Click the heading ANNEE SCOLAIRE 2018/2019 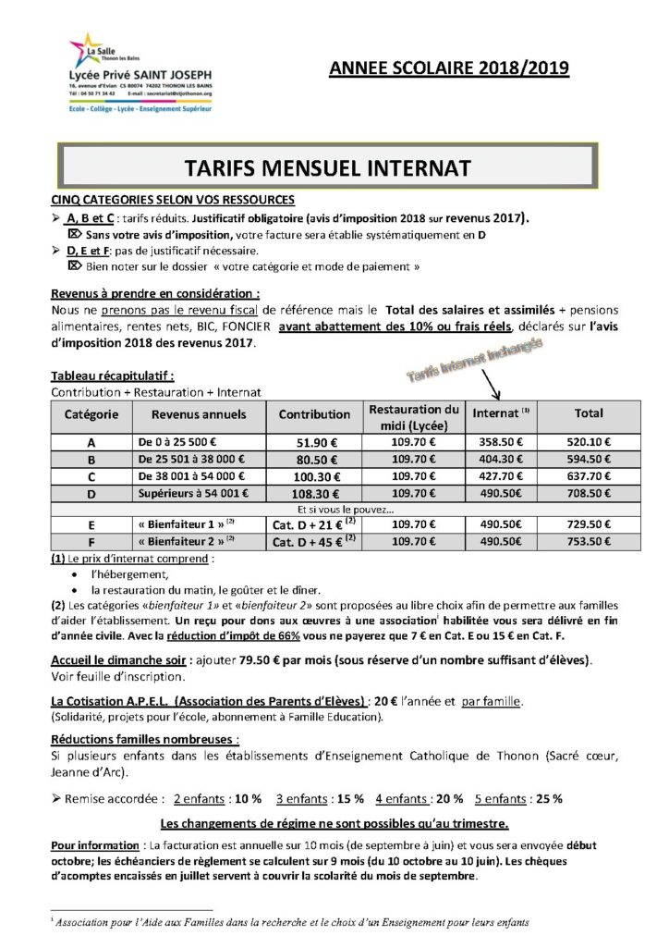pos(449,68)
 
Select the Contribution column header pos(314,414)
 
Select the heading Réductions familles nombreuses pos(145,740)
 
